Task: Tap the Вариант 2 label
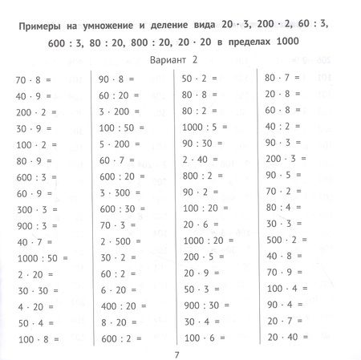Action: pos(180,60)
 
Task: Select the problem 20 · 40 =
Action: pos(285,314)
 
